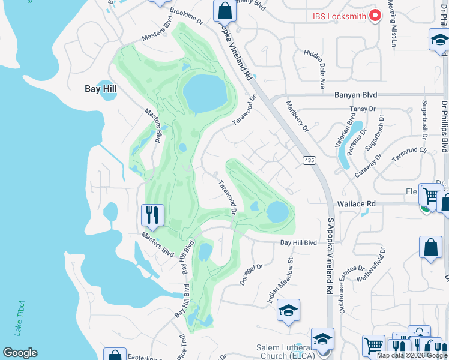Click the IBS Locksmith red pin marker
(376, 16)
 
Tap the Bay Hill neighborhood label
(100, 89)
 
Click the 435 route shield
(309, 160)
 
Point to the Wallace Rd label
(357, 204)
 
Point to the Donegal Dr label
(252, 274)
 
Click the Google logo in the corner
(20, 353)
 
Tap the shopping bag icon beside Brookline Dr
(224, 10)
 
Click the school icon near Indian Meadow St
(288, 310)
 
